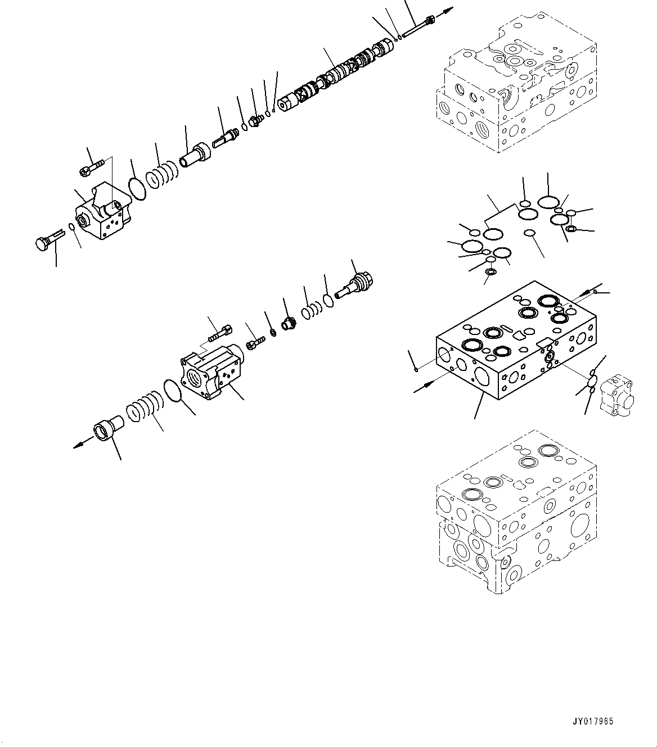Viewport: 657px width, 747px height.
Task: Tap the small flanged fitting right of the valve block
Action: [616, 397]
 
